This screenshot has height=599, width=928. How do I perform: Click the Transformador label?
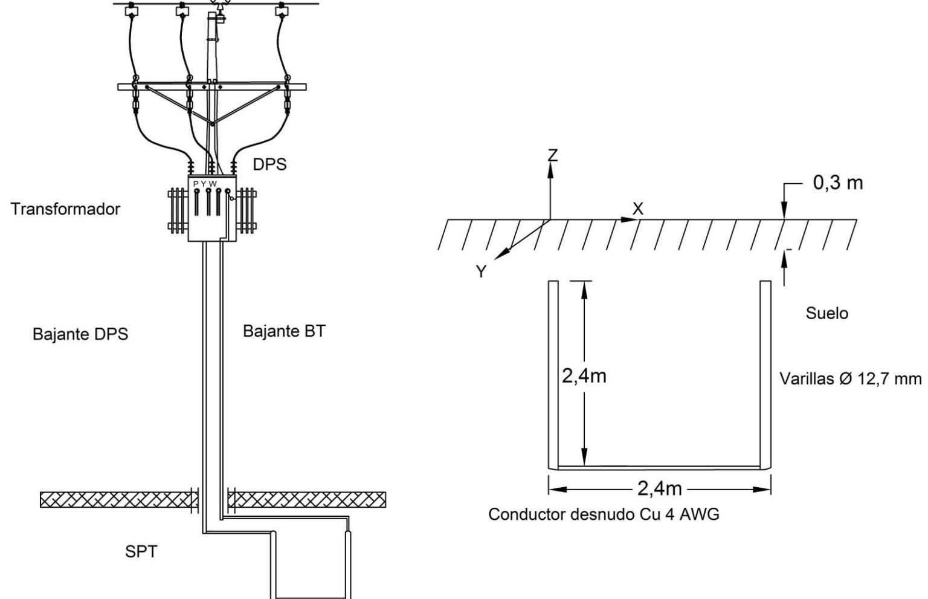click(x=65, y=209)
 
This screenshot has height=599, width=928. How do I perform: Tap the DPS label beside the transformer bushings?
click(x=269, y=164)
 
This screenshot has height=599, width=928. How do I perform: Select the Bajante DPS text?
click(x=80, y=334)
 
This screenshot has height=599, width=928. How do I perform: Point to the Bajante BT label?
click(x=284, y=331)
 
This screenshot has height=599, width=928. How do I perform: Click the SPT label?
click(x=141, y=552)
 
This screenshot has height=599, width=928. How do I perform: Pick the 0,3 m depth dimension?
click(x=838, y=183)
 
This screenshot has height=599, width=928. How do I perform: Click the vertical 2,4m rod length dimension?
click(x=584, y=376)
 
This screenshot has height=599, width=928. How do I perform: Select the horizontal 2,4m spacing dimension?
click(x=659, y=489)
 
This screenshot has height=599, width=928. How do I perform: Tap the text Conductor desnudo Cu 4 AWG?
click(x=604, y=514)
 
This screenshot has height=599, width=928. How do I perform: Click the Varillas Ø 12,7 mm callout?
click(x=851, y=378)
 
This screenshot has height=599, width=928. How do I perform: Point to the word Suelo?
click(x=827, y=313)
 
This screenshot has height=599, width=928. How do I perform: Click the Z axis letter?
click(x=553, y=155)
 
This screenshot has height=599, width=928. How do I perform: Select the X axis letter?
click(x=638, y=209)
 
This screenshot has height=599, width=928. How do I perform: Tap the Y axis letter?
click(x=481, y=271)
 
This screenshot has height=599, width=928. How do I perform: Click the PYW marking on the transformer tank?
click(x=205, y=184)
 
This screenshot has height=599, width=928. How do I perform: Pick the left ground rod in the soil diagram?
click(x=553, y=375)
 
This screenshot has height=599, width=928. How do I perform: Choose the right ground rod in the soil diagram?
click(x=765, y=375)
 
